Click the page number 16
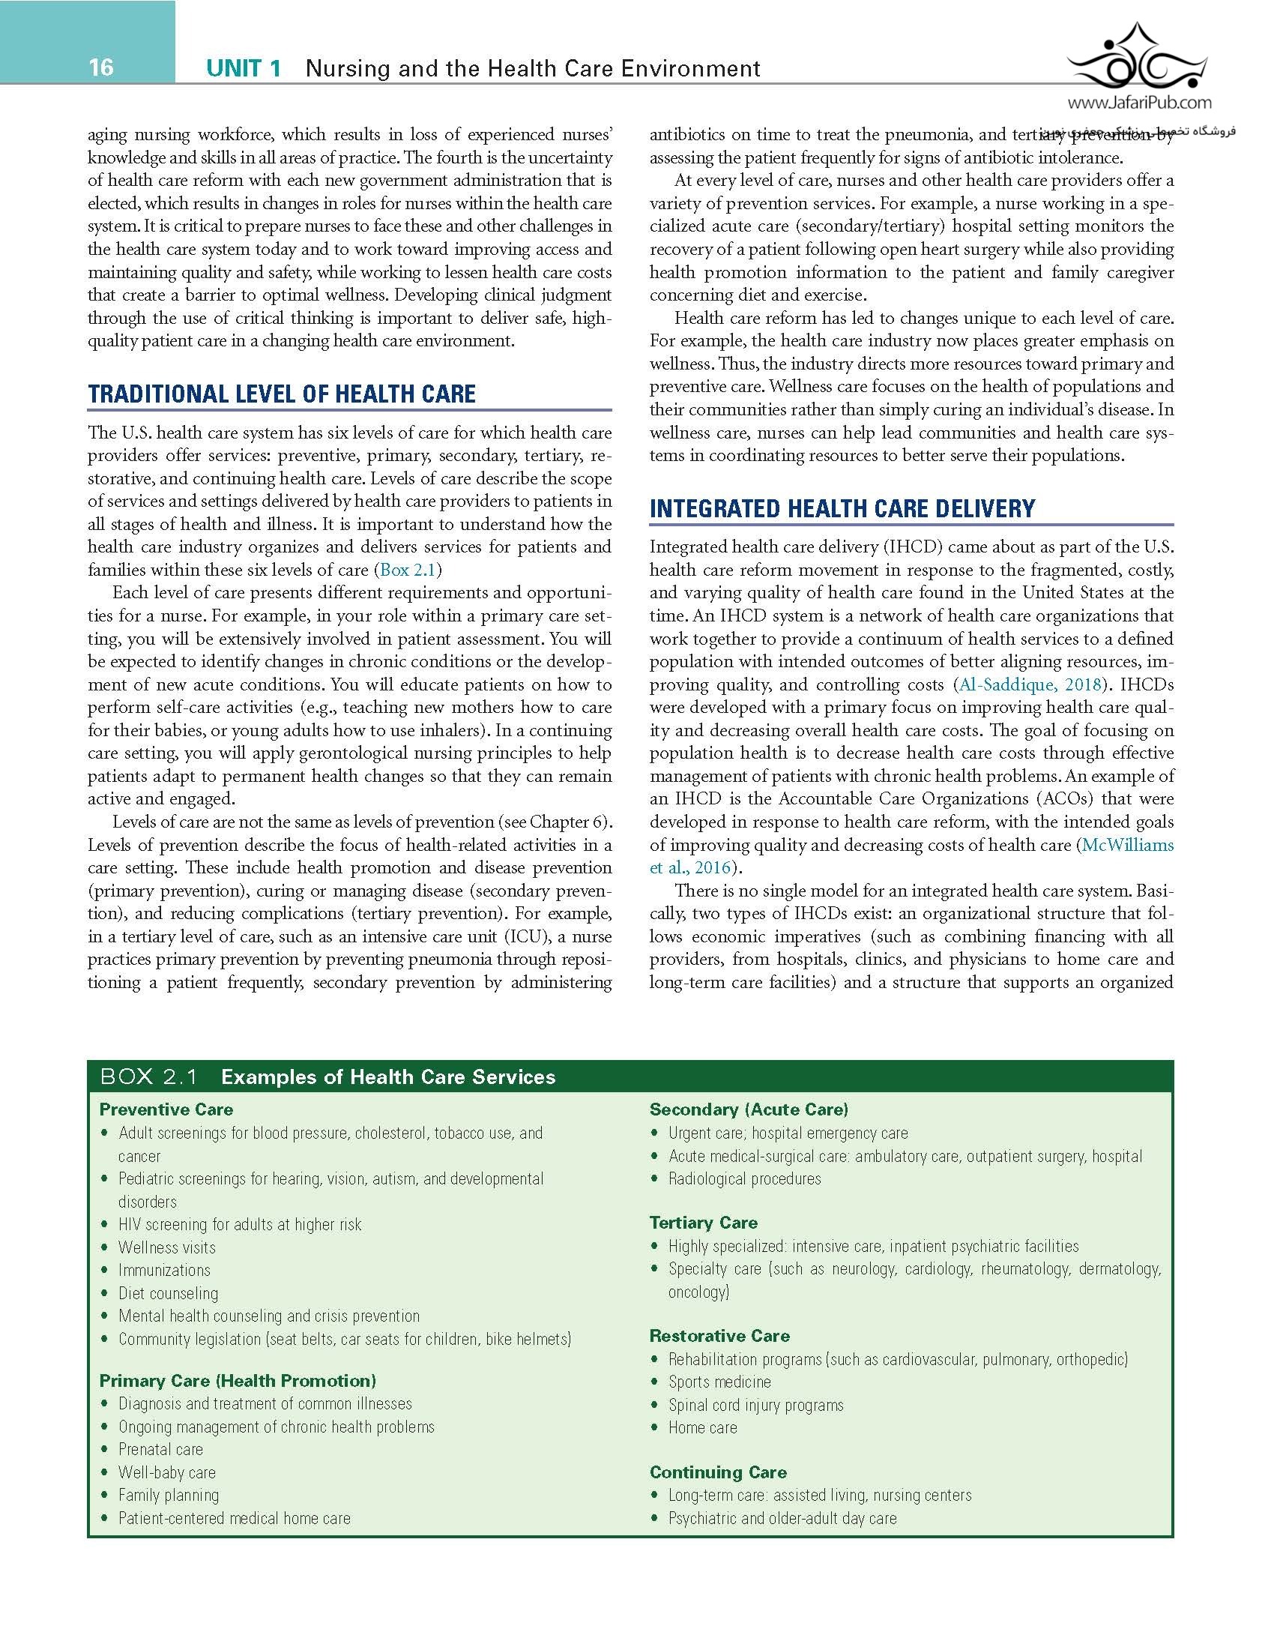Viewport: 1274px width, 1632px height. pos(101,67)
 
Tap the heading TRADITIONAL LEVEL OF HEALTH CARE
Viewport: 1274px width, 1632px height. pos(282,394)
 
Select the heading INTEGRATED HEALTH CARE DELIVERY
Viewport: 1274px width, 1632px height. pos(842,509)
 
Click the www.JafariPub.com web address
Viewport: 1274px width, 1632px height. pos(1138,104)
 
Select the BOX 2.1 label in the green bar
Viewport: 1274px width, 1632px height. pos(149,1077)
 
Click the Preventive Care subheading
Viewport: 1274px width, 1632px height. pos(166,1109)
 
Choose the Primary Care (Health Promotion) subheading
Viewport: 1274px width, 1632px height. pos(238,1381)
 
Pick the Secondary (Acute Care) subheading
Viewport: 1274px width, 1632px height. pos(749,1109)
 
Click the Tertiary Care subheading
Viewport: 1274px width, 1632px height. pos(704,1223)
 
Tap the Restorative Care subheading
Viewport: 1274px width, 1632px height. pos(719,1336)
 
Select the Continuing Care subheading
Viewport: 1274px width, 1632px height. pos(718,1472)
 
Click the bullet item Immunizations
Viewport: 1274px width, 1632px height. pos(164,1270)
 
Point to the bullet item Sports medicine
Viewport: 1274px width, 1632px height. pos(719,1382)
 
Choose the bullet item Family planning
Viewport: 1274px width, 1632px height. pos(169,1496)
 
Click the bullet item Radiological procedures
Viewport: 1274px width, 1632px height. pos(744,1178)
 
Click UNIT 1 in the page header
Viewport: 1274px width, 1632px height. pos(244,69)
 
